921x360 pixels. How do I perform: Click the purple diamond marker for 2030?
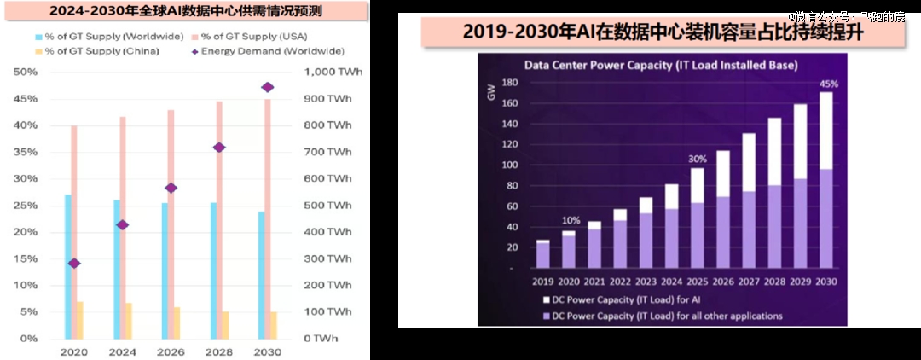267,87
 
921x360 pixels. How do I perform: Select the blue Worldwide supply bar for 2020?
68,266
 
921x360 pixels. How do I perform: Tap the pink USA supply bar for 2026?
170,224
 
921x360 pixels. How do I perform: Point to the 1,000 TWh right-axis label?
333,73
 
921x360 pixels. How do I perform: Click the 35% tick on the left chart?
26,153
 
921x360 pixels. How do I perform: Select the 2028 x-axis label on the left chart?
219,351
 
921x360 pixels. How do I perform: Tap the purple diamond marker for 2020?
74,263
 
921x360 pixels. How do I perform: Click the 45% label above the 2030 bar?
827,84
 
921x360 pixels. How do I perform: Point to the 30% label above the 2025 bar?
698,159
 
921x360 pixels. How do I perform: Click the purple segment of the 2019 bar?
542,256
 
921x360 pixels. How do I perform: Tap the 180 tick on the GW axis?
509,83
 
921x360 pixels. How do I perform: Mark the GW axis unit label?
492,91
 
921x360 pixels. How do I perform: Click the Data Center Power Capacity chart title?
660,64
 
